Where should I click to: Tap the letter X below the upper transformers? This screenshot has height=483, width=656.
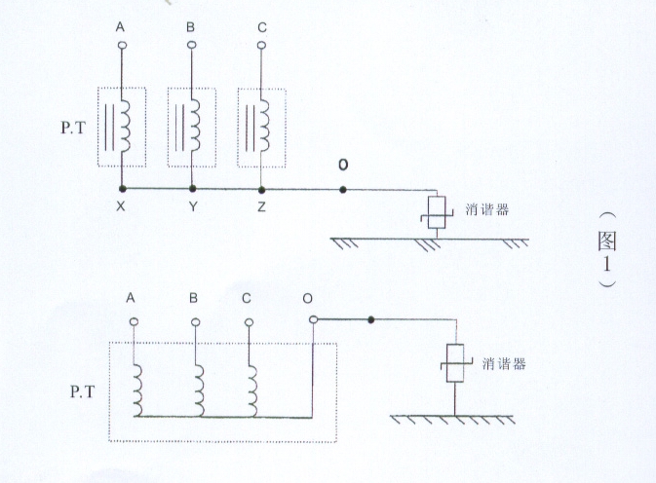tap(122, 206)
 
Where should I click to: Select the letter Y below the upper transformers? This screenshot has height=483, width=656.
tap(192, 206)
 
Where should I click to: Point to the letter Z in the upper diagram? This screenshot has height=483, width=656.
tap(261, 206)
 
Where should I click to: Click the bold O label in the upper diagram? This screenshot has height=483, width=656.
tap(342, 165)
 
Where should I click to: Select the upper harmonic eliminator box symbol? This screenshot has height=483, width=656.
tap(436, 213)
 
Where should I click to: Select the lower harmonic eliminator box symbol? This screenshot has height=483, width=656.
tap(454, 362)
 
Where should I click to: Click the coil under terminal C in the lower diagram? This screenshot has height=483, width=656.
tap(253, 387)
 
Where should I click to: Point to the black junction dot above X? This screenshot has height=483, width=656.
tap(122, 188)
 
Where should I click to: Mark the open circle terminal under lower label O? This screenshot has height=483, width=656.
tap(312, 319)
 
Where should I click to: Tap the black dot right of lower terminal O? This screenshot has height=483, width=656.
tap(370, 319)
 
